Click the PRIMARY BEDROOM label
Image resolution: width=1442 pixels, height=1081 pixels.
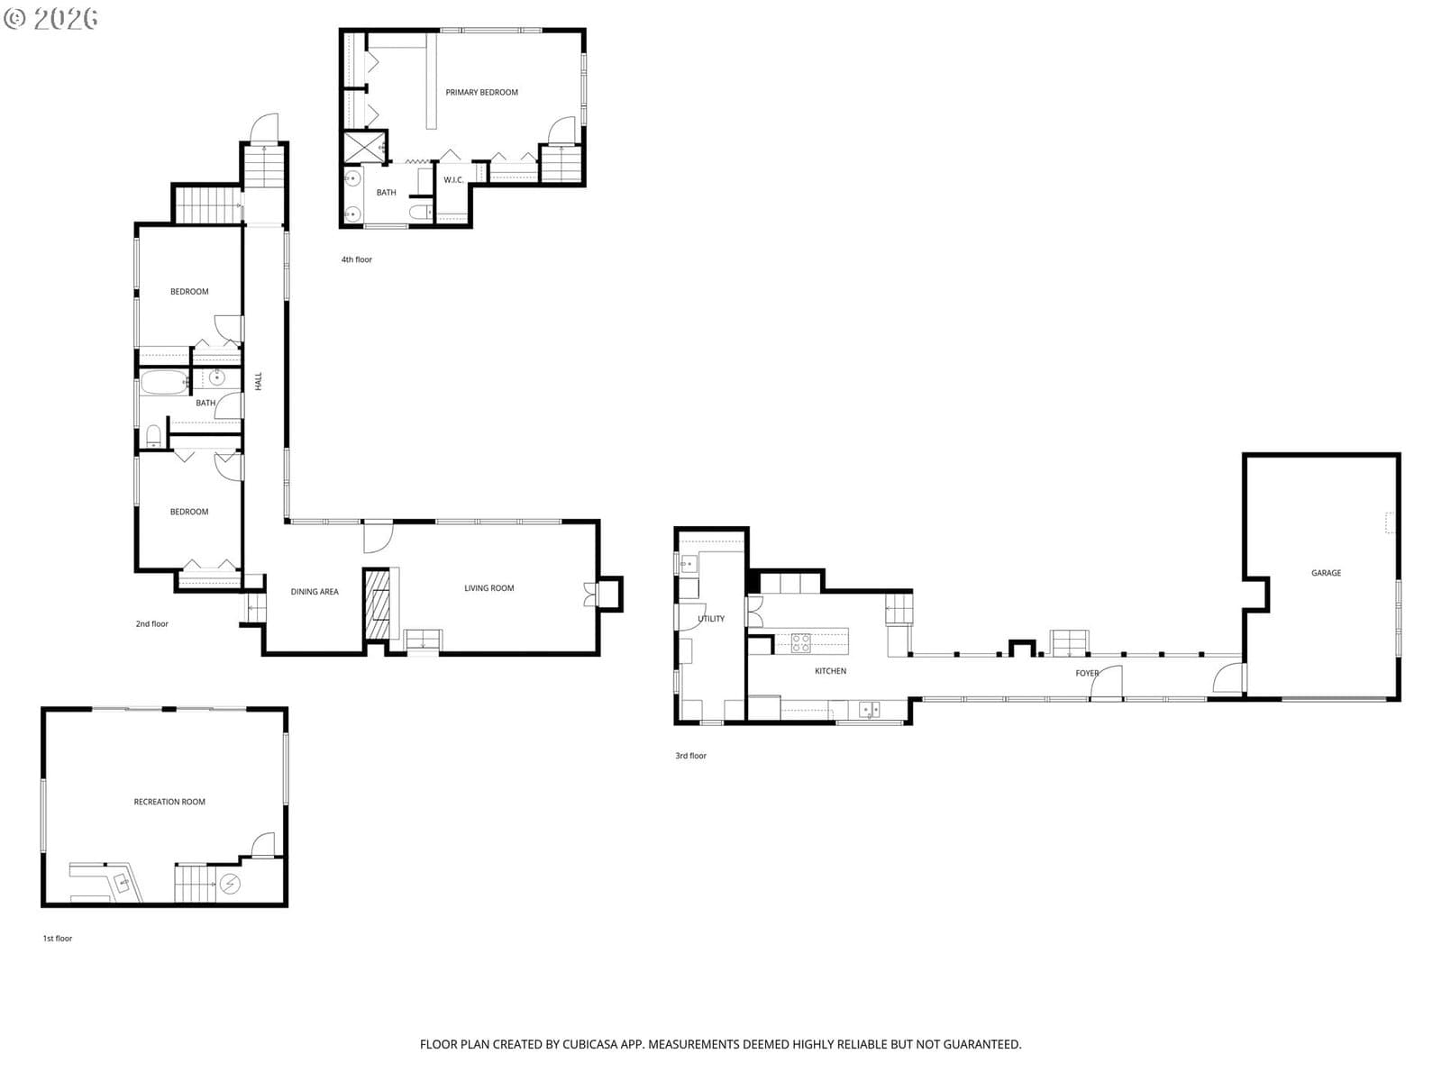(481, 93)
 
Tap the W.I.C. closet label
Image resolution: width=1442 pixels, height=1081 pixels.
(453, 180)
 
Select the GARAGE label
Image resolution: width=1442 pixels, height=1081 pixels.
(1326, 573)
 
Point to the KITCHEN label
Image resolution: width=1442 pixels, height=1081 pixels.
(830, 671)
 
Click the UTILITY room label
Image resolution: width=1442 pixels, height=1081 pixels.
(711, 618)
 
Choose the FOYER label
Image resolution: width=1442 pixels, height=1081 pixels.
(1087, 673)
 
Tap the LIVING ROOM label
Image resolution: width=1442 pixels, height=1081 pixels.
(488, 588)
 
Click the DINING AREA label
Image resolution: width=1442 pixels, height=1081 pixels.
(315, 591)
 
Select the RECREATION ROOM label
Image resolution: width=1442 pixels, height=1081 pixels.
(169, 802)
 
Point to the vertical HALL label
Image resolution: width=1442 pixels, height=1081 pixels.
(258, 381)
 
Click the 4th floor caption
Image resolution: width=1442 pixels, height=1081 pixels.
(356, 259)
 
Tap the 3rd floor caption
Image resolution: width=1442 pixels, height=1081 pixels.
(690, 756)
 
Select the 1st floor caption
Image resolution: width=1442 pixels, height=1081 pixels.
(57, 938)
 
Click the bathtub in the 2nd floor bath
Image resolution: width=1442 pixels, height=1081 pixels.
(164, 383)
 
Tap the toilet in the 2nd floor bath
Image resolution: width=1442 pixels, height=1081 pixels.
(153, 436)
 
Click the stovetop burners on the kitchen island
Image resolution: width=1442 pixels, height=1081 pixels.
(800, 642)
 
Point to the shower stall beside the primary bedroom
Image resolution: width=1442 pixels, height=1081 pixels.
(365, 147)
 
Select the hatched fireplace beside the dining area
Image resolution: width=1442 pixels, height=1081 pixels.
(377, 604)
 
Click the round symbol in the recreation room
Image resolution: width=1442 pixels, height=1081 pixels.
(229, 884)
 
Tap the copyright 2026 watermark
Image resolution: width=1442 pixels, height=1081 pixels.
(50, 18)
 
